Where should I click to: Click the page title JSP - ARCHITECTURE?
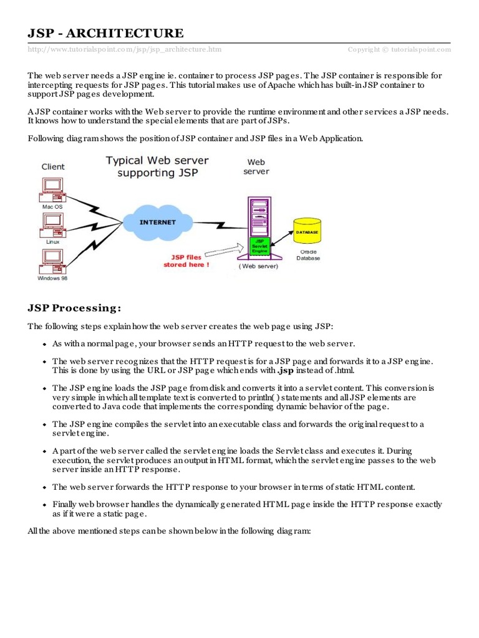pyautogui.click(x=105, y=33)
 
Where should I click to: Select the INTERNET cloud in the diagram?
pyautogui.click(x=157, y=222)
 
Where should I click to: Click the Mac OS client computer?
pyautogui.click(x=52, y=188)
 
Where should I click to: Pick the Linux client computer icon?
pyautogui.click(x=52, y=223)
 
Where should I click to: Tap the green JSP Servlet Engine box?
pyautogui.click(x=260, y=245)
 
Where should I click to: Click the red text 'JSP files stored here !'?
pyautogui.click(x=186, y=260)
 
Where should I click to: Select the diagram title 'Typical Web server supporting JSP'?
pyautogui.click(x=157, y=166)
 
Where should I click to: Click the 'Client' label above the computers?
pyautogui.click(x=53, y=166)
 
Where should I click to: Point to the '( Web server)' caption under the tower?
pyautogui.click(x=258, y=266)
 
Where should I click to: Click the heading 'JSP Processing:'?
pyautogui.click(x=74, y=308)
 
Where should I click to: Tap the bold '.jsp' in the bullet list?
pyautogui.click(x=285, y=371)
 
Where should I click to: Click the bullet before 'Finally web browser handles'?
pyautogui.click(x=44, y=505)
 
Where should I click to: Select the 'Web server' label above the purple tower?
pyautogui.click(x=256, y=166)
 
